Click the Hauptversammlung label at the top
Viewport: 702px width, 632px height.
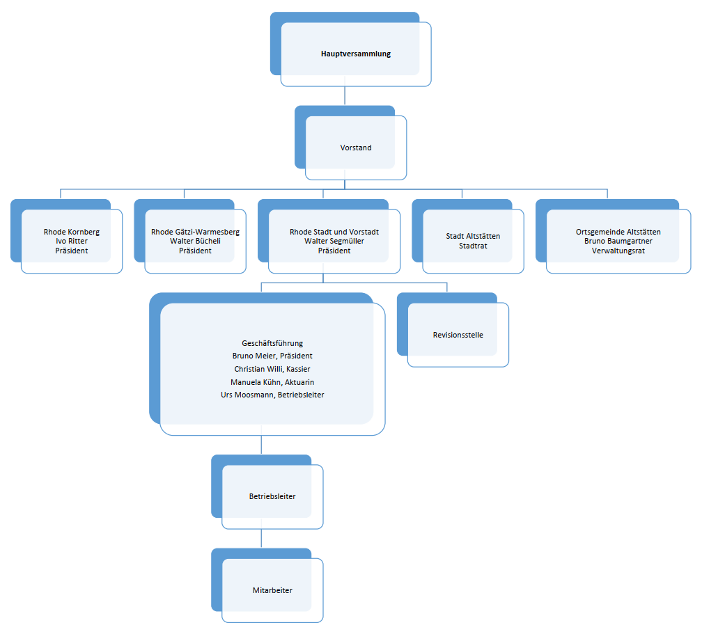356,54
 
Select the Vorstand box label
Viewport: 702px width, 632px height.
356,148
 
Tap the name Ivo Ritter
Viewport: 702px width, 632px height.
72,241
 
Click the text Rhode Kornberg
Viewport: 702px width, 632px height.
72,232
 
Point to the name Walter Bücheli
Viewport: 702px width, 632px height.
195,241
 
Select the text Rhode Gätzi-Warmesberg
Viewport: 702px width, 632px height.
195,232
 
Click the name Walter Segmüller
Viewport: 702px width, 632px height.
334,241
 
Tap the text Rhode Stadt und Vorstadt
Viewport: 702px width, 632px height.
334,232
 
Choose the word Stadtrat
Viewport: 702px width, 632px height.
473,246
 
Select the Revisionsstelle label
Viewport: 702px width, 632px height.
458,335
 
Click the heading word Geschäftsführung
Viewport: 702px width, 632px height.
272,343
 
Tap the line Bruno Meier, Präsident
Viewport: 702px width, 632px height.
272,356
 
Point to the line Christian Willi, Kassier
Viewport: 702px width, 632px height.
272,369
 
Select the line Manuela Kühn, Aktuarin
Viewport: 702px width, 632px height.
272,382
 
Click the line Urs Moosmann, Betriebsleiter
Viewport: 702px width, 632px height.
272,395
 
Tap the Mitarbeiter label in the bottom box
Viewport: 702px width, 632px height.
272,590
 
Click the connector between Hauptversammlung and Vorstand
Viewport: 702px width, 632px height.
345,96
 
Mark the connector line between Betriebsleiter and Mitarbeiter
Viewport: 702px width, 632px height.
261,538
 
